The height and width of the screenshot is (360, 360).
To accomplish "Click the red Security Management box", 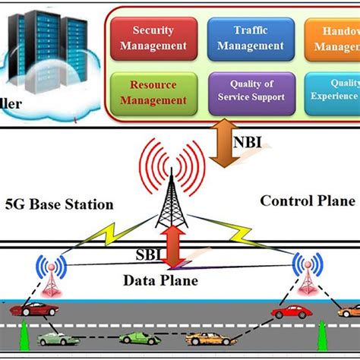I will pyautogui.click(x=159, y=37).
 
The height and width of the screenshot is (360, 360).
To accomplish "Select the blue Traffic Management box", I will pyautogui.click(x=245, y=37).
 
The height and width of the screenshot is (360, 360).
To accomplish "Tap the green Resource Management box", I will pyautogui.click(x=159, y=92).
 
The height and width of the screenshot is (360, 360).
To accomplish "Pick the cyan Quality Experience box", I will pyautogui.click(x=334, y=92).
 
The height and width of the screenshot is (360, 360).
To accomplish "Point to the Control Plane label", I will pyautogui.click(x=307, y=201).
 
